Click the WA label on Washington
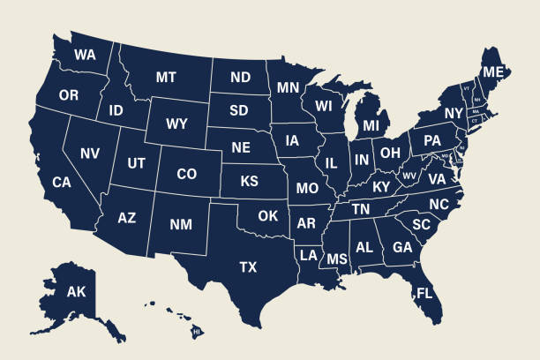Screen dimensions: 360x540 click(x=85, y=55)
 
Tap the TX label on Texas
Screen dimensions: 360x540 click(x=249, y=266)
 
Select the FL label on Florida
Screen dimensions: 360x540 click(x=424, y=293)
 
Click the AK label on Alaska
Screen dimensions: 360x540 click(x=77, y=292)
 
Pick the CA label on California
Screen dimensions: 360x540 click(x=62, y=183)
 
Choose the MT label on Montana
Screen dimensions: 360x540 click(x=166, y=78)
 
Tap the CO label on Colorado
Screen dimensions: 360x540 click(x=186, y=175)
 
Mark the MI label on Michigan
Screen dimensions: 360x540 click(x=371, y=127)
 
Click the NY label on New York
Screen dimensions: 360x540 click(x=454, y=114)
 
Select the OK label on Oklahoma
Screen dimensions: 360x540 click(x=268, y=215)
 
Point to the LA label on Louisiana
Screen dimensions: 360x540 click(x=308, y=255)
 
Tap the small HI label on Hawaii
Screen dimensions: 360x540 click(x=197, y=332)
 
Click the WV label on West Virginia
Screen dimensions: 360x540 click(x=409, y=176)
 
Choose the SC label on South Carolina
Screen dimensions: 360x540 click(x=421, y=225)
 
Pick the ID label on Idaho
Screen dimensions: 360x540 click(x=116, y=111)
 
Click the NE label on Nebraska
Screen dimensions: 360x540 click(x=241, y=147)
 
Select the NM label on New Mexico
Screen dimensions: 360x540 click(x=180, y=225)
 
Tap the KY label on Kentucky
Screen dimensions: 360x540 click(x=380, y=187)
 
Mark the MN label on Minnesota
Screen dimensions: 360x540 click(x=288, y=88)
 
